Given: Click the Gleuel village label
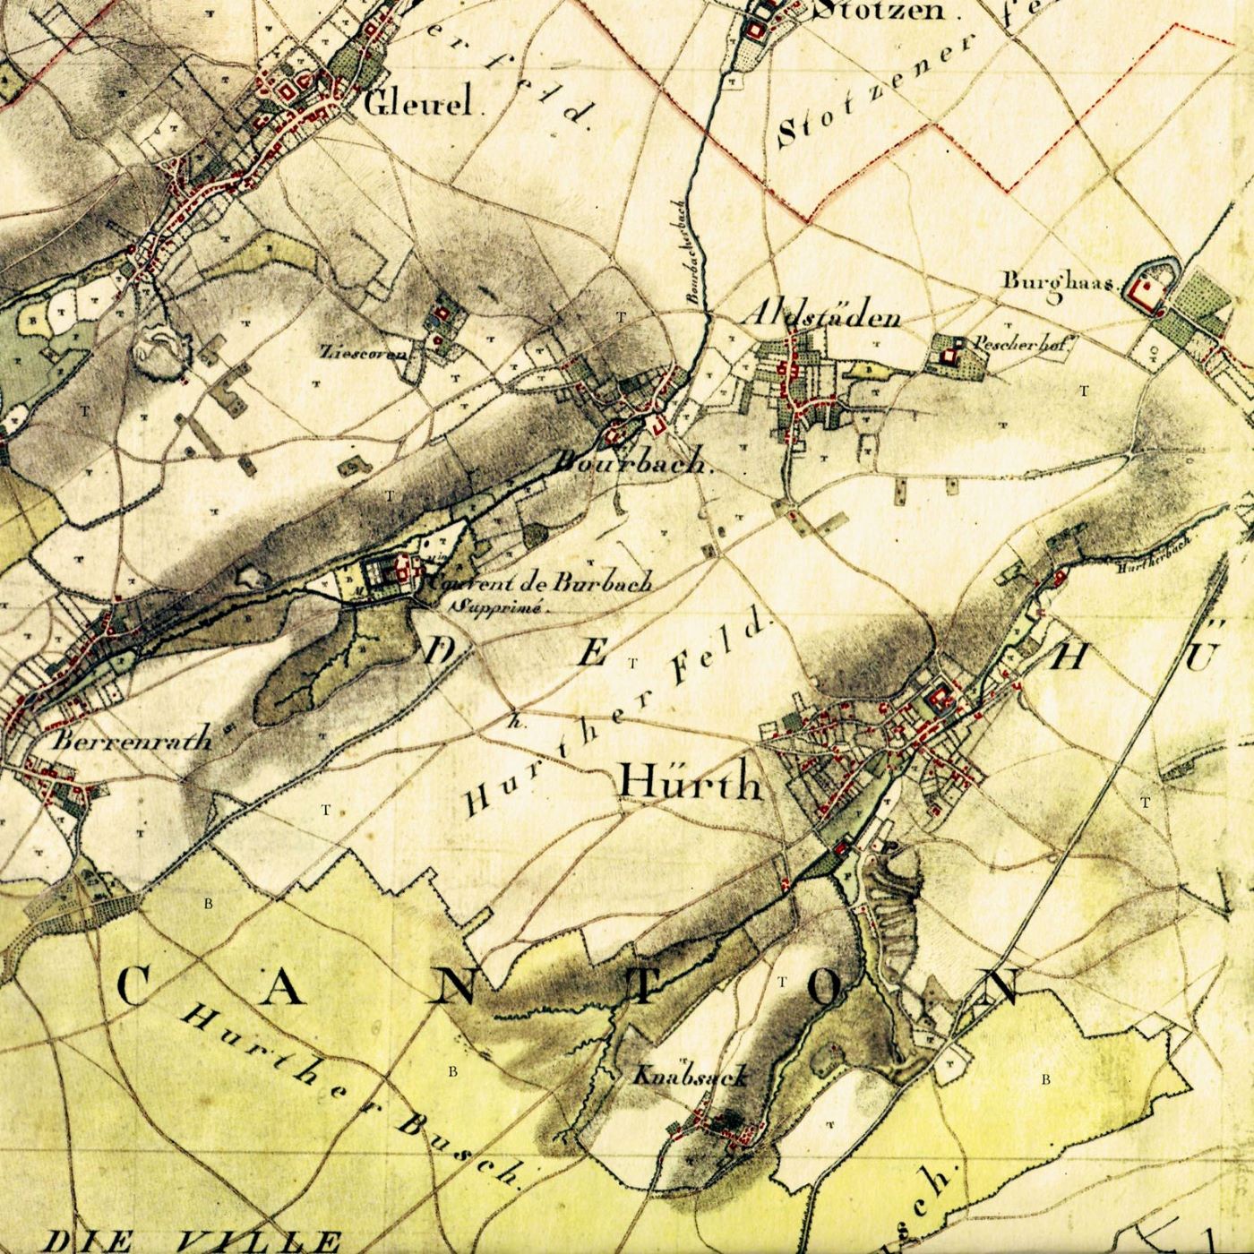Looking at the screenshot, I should tap(418, 105).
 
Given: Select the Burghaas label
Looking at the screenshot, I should tap(1057, 282).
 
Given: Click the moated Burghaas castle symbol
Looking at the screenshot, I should tap(1144, 286).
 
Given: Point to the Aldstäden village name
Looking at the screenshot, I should tap(821, 317).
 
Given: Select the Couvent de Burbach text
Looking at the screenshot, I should tap(541, 583).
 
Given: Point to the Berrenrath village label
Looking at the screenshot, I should tap(133, 741).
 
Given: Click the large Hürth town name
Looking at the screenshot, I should tap(691, 783).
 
